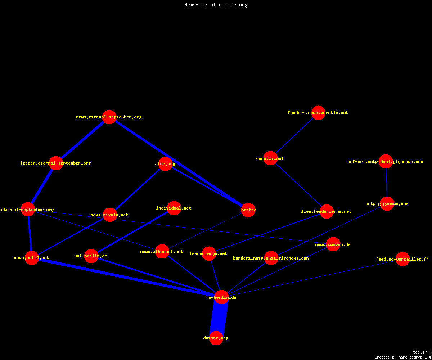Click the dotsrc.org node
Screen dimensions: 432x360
(x=216, y=338)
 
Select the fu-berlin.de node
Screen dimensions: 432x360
(x=221, y=297)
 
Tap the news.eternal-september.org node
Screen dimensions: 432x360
(x=109, y=117)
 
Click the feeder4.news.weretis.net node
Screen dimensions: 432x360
(x=318, y=113)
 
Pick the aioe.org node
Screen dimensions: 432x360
(x=165, y=164)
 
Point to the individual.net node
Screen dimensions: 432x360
(x=174, y=208)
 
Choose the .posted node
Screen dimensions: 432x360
(x=248, y=210)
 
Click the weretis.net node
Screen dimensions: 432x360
(x=270, y=158)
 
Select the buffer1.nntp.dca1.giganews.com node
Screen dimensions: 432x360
(x=386, y=161)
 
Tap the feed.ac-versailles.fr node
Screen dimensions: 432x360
(x=402, y=259)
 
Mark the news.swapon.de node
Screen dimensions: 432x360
(x=333, y=244)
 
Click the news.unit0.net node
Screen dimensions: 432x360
(x=32, y=258)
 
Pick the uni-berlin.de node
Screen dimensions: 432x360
(x=91, y=256)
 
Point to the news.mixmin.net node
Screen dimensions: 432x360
(x=110, y=215)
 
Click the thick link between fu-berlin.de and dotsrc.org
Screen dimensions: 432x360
(x=219, y=318)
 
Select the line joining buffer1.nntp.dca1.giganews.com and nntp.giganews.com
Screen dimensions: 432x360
(x=386, y=183)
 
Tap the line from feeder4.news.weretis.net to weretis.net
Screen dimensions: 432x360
(x=294, y=135)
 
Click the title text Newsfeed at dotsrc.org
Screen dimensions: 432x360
(x=216, y=5)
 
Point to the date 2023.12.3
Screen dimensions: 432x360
(x=421, y=352)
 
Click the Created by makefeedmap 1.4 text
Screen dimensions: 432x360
(x=403, y=357)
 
